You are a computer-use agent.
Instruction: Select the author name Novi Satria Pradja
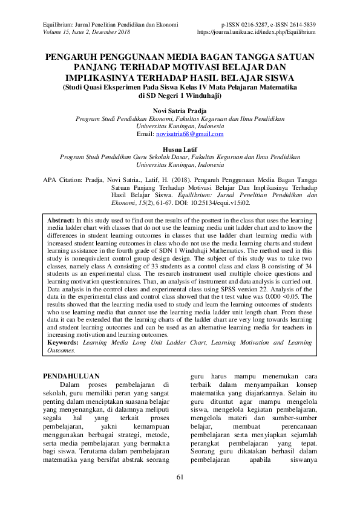tap(180, 111)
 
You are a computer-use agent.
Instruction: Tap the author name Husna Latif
tap(180, 149)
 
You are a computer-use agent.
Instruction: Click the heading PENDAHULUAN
tap(70, 376)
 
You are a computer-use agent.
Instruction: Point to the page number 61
tap(180, 478)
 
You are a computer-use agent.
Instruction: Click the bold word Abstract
tap(61, 221)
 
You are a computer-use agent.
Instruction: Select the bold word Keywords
tap(65, 343)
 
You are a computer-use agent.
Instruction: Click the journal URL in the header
tap(264, 31)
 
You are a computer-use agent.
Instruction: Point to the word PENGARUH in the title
tap(76, 57)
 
